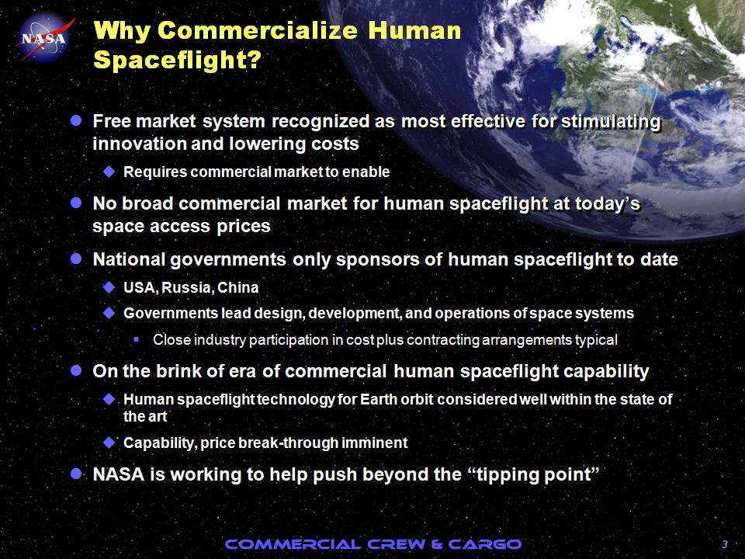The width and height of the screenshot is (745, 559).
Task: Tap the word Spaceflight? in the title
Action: [177, 60]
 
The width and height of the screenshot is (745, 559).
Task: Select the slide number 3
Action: [725, 544]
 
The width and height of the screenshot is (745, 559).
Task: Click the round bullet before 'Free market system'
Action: [76, 120]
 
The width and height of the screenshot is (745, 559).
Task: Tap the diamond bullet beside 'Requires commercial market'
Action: [109, 172]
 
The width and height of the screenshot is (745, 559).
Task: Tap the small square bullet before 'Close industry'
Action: [136, 339]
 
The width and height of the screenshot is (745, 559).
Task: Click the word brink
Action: [178, 371]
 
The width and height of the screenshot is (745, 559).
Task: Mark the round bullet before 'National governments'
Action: [76, 259]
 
